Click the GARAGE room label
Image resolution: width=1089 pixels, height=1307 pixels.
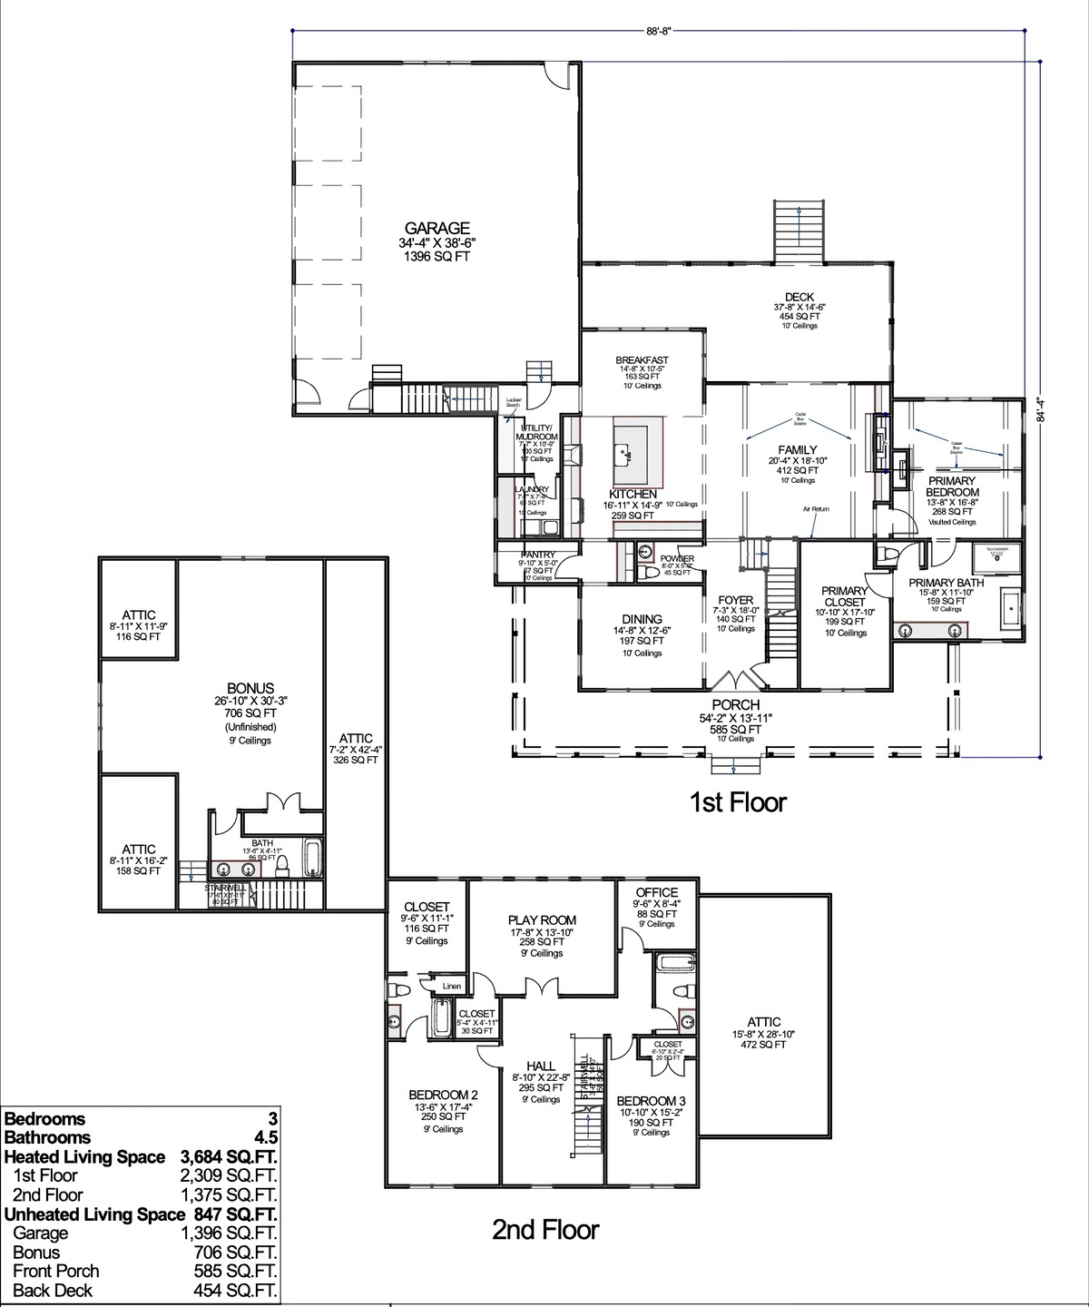tap(437, 229)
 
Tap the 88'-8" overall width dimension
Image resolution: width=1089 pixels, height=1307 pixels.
tap(659, 30)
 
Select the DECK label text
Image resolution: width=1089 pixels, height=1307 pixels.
tap(800, 297)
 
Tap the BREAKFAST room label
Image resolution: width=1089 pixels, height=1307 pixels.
tap(642, 360)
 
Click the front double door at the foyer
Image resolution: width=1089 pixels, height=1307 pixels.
tap(736, 680)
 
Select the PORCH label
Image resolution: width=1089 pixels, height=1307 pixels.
tap(736, 705)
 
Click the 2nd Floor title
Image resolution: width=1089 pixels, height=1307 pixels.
tap(545, 1230)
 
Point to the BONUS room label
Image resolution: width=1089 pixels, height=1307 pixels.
tap(250, 689)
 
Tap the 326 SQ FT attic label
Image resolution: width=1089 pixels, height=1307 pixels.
tap(356, 761)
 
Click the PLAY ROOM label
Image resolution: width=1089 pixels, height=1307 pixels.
tap(542, 920)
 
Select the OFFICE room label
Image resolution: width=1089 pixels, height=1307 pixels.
tap(656, 893)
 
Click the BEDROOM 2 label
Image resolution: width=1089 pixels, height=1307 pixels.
tap(443, 1095)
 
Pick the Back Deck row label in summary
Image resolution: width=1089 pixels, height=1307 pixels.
tap(53, 1291)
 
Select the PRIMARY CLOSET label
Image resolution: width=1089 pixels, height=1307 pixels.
tap(845, 596)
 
